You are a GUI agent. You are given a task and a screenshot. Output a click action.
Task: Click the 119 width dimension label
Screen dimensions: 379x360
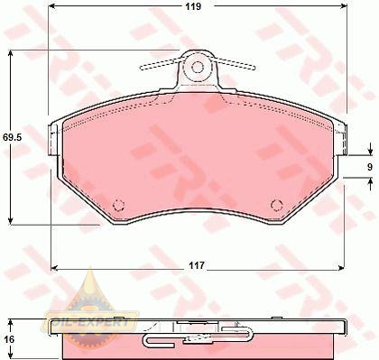[193, 6]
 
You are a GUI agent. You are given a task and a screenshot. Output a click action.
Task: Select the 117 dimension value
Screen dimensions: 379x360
[197, 265]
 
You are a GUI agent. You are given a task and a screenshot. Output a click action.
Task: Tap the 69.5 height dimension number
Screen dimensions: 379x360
[12, 137]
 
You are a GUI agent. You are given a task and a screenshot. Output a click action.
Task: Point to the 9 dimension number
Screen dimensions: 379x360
[370, 167]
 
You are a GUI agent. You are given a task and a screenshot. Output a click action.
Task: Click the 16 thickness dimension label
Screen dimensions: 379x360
[9, 339]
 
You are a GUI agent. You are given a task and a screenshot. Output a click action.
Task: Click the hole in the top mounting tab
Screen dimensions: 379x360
[198, 67]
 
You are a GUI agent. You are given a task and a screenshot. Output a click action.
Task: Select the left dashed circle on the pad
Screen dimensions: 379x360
[118, 205]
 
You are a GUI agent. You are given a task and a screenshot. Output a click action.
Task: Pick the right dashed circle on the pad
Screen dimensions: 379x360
[277, 205]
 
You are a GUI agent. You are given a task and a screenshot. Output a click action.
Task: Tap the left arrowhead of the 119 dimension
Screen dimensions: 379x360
[52, 6]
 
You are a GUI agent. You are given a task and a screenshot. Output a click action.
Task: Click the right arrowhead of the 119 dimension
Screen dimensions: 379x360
[343, 6]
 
